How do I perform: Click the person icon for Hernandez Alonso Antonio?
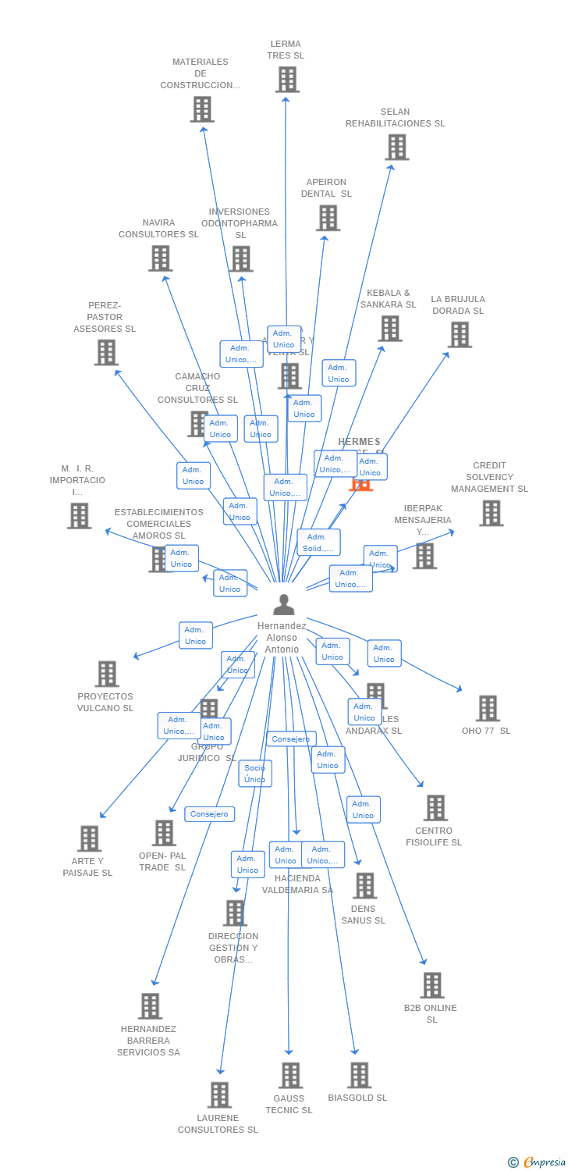click(284, 604)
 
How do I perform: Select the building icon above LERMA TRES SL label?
click(286, 80)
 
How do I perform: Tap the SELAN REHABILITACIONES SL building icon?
click(396, 147)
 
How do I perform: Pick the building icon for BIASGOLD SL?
click(359, 1075)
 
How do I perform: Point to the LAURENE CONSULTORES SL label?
click(218, 1123)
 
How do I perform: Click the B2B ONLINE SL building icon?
click(431, 985)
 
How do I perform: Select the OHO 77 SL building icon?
click(487, 708)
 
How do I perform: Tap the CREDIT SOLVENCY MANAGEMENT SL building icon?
click(490, 513)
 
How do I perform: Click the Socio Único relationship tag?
click(255, 774)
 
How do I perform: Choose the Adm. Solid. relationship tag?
click(318, 543)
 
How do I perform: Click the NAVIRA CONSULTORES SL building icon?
click(160, 258)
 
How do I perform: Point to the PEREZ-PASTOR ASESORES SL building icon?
click(105, 352)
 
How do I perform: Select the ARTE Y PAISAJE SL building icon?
click(89, 838)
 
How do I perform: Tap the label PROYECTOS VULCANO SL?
click(105, 702)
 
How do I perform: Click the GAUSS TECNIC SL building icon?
click(289, 1075)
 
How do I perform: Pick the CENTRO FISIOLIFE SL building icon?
click(435, 808)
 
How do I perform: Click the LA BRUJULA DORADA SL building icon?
click(459, 334)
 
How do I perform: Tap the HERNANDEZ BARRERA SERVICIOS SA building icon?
click(150, 1006)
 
